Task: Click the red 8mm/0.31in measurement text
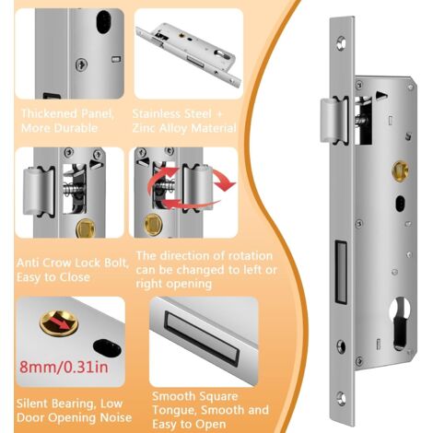coord(64,367)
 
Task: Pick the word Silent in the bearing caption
coord(32,404)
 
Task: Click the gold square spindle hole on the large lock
coord(401,170)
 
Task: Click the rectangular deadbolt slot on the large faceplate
coord(340,272)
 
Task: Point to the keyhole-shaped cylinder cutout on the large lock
coord(401,322)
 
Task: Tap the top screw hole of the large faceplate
coord(341,43)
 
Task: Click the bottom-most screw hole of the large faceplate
coord(341,398)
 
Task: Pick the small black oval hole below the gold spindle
coord(400,204)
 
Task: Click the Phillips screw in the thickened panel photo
coord(81,64)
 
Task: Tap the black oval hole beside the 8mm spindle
coord(107,348)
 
